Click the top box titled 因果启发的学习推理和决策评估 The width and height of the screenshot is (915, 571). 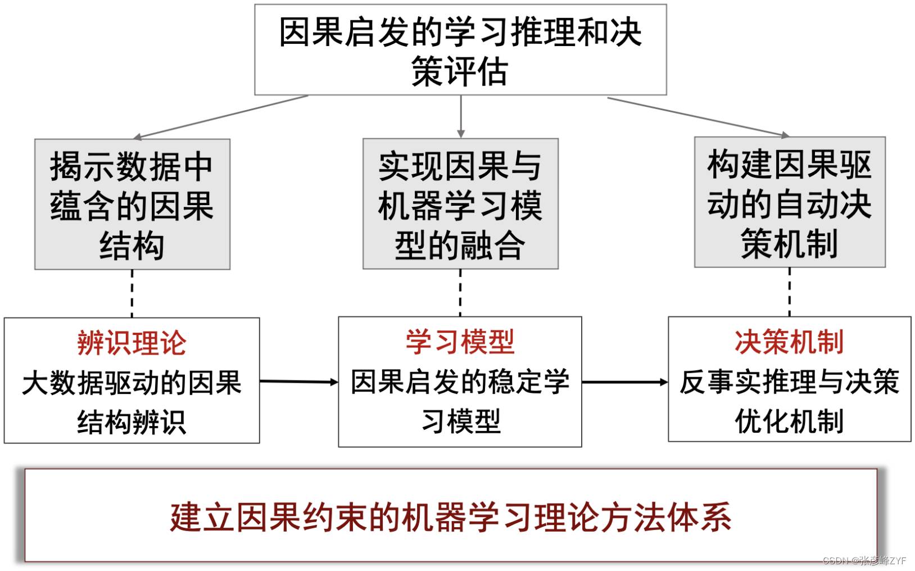[460, 49]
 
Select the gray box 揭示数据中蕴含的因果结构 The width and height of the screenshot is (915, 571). [132, 204]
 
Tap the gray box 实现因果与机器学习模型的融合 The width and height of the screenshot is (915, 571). [460, 203]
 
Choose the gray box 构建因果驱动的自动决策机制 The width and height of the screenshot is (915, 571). [790, 202]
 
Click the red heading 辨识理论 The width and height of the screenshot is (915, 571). [132, 343]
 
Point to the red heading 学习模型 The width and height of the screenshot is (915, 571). [460, 342]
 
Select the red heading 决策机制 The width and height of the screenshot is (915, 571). [789, 342]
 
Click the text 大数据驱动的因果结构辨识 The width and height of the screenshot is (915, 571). [132, 402]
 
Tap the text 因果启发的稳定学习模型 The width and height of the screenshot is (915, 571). [460, 401]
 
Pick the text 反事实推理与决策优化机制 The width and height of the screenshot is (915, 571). [789, 401]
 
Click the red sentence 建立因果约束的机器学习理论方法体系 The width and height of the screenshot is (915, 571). [451, 518]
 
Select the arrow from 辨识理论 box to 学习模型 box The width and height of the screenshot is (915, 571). [299, 382]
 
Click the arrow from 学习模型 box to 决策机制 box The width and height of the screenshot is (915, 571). [625, 382]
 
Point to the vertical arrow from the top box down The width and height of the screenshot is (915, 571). [461, 117]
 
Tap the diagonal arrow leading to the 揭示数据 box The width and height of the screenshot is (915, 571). [220, 117]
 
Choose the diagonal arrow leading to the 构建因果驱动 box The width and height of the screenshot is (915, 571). [699, 117]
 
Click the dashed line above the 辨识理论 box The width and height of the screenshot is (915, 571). [132, 294]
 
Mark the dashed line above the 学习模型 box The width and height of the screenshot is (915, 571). [460, 293]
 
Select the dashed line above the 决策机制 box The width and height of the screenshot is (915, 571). [790, 292]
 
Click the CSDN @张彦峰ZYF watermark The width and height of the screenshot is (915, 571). [864, 560]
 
